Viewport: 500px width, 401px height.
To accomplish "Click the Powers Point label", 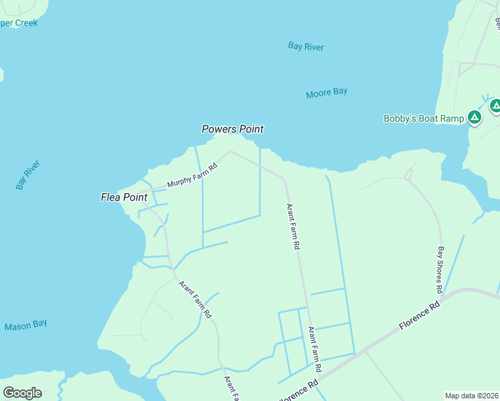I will pos(233,129).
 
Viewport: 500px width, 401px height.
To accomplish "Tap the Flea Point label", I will pos(124,197).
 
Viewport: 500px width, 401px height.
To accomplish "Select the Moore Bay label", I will pos(326,93).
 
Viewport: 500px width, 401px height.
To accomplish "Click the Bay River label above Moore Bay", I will pos(305,46).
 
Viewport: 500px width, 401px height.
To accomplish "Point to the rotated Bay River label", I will pos(29,174).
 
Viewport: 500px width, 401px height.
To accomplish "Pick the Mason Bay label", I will pos(25,326).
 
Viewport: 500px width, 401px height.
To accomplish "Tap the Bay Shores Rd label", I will pos(440,270).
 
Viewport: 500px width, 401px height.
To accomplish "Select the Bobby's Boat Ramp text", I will pos(424,119).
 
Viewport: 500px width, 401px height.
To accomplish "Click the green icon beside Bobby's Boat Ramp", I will pos(475,118).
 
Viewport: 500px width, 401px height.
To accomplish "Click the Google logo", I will pos(22,392).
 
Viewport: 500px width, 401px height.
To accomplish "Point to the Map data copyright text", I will pos(471,396).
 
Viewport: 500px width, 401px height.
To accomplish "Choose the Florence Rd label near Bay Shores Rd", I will pos(419,314).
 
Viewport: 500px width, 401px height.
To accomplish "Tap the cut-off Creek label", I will pos(19,23).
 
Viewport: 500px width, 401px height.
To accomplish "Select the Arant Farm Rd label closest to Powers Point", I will pos(293,227).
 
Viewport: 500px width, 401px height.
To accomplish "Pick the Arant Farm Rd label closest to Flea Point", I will pos(195,298).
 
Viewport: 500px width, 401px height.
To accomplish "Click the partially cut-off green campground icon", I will pos(495,106).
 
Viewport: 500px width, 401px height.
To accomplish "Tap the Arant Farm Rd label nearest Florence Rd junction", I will pos(314,349).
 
